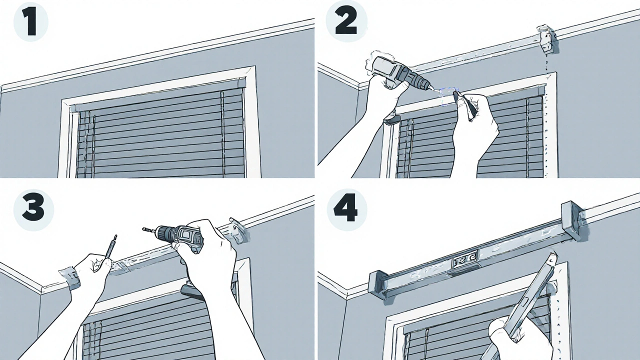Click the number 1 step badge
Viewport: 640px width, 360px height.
click(x=31, y=22)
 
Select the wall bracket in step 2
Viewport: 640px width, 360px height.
click(x=545, y=39)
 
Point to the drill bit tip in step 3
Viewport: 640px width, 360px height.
click(x=144, y=228)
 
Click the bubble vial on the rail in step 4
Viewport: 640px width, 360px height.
click(x=465, y=261)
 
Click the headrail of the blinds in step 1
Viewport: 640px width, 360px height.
click(x=157, y=95)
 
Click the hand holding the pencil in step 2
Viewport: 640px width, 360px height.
click(x=474, y=128)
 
